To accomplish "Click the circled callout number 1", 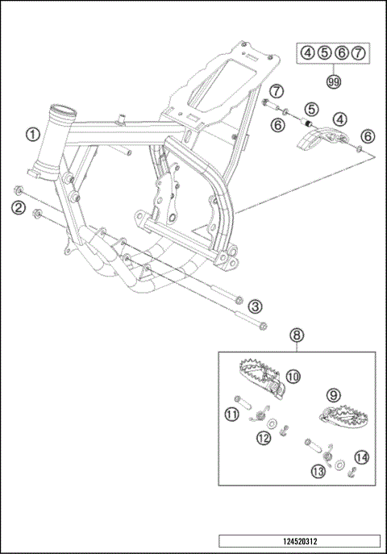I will [x=31, y=135].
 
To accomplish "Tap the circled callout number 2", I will [x=17, y=207].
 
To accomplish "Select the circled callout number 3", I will [x=254, y=306].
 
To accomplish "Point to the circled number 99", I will [x=333, y=81].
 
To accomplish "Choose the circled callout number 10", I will [x=292, y=376].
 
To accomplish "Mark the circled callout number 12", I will [x=264, y=438].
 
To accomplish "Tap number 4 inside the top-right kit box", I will [x=308, y=53].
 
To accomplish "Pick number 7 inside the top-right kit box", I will [x=359, y=53].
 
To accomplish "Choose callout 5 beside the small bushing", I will [x=311, y=107].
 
